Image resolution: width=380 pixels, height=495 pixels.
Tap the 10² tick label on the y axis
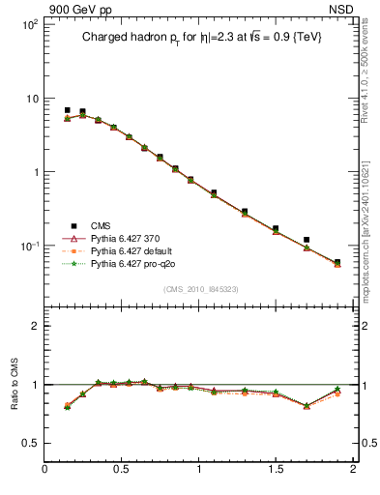coord(30,24)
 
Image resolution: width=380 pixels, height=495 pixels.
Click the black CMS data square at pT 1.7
coord(307,239)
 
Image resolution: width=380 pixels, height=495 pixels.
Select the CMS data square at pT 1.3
coord(245,211)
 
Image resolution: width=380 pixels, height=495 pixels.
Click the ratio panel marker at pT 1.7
coord(307,406)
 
